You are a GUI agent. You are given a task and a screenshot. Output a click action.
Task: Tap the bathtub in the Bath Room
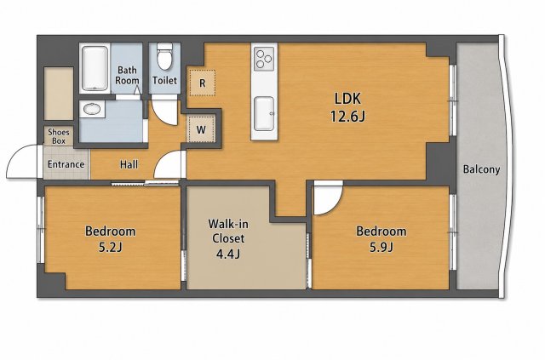click(95, 68)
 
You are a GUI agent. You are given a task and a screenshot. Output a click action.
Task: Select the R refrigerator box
click(203, 83)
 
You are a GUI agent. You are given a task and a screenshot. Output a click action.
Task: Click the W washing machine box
click(201, 129)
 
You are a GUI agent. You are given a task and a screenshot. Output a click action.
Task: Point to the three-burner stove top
click(264, 59)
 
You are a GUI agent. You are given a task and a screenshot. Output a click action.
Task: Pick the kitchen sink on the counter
click(264, 114)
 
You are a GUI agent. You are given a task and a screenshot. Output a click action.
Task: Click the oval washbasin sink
click(92, 109)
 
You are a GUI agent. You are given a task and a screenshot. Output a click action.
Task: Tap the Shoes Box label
click(59, 136)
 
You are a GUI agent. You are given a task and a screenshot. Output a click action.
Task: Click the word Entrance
click(66, 164)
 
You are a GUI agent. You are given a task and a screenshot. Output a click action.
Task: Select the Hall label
click(129, 164)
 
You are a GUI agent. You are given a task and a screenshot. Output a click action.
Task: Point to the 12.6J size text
click(347, 117)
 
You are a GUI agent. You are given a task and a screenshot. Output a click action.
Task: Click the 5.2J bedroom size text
click(110, 247)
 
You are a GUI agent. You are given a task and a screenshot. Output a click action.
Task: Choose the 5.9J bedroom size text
click(381, 247)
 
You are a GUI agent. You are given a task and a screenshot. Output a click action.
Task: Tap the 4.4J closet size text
click(227, 254)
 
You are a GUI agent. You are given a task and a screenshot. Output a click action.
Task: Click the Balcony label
click(481, 169)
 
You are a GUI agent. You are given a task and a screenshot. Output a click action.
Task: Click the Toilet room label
click(164, 81)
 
